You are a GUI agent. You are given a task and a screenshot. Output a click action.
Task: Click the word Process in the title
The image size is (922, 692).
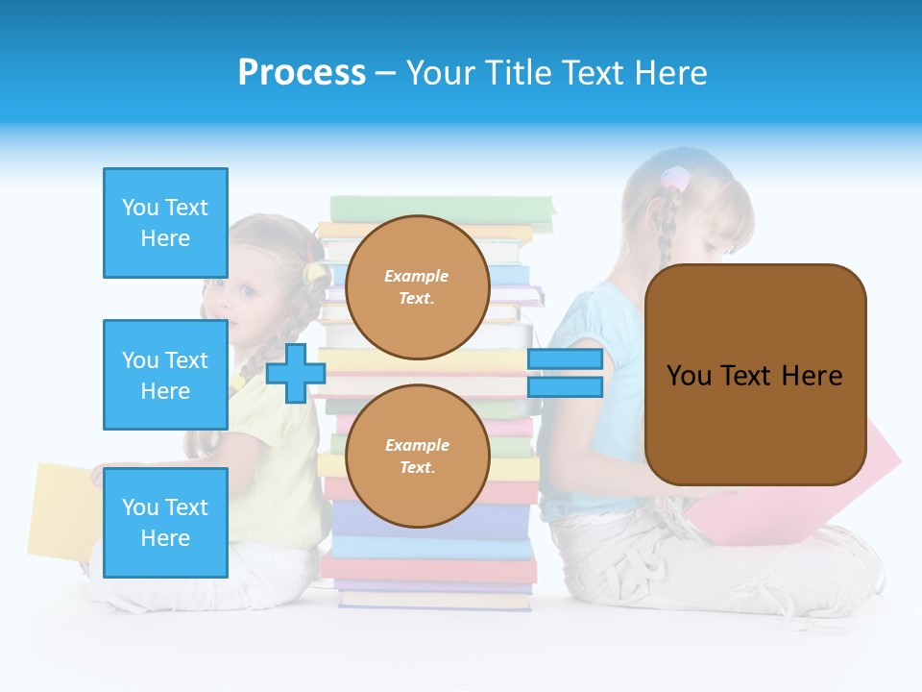302,73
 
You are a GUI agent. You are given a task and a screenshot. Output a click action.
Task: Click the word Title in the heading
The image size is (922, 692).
518,73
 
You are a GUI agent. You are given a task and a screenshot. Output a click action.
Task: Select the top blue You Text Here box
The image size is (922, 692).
165,223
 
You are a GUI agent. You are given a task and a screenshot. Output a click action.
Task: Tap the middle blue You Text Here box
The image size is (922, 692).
165,375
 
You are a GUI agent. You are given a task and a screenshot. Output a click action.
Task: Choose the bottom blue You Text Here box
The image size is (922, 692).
165,522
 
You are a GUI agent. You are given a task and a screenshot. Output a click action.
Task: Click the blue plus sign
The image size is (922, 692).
296,373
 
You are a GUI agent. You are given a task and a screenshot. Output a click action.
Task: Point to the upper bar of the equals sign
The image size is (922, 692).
565,359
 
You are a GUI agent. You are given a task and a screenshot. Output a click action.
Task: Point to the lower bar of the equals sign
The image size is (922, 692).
565,386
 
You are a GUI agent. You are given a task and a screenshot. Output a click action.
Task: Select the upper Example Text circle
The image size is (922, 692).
417,286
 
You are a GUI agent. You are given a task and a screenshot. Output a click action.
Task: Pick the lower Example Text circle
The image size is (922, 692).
417,456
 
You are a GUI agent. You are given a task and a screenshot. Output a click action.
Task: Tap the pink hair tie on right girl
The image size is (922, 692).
675,179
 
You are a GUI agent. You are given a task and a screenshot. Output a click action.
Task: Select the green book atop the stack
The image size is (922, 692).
442,208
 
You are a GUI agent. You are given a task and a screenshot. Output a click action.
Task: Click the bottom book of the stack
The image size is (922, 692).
434,600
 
